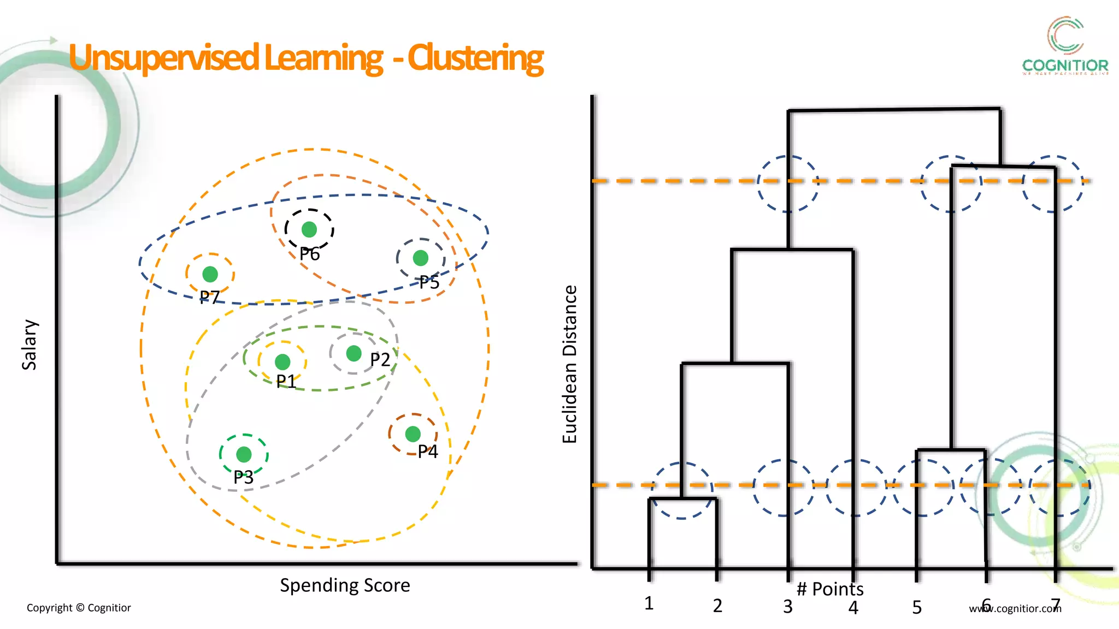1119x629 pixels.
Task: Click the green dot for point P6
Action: tap(309, 229)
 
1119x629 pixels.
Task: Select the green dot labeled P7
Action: tap(210, 274)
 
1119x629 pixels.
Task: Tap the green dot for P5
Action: tap(421, 258)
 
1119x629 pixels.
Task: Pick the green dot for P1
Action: tap(282, 361)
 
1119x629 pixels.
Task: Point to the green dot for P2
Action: tap(354, 353)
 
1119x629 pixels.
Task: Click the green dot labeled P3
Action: tap(244, 454)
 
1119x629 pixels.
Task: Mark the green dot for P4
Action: tap(413, 434)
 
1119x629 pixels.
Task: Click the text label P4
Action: tap(428, 452)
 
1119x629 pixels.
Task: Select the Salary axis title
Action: tap(30, 345)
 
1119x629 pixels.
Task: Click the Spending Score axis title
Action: tap(345, 585)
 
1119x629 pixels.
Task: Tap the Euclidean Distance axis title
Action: tap(570, 364)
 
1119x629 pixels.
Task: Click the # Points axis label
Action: tap(830, 589)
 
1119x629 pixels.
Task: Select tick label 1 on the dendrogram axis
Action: tap(649, 603)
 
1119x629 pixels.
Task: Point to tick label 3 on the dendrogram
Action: tap(787, 606)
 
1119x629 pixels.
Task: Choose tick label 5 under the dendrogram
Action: tap(917, 607)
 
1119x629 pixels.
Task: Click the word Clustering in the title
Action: tap(475, 58)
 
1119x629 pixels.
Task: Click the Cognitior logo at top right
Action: tap(1065, 46)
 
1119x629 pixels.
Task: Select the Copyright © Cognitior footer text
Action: tap(79, 608)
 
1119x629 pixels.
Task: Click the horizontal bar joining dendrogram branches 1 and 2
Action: tap(682, 499)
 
